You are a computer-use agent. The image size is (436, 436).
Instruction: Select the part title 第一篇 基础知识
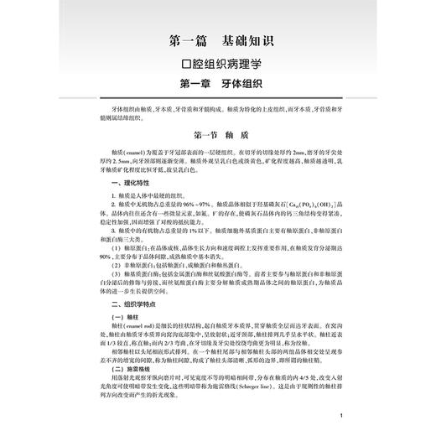pyautogui.click(x=216, y=39)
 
